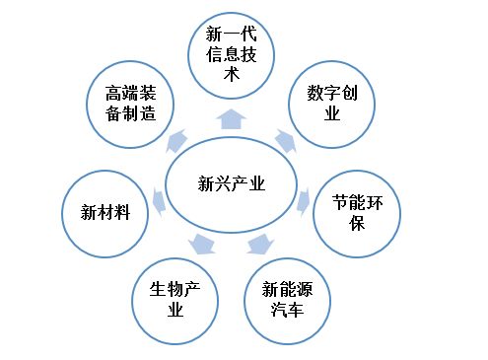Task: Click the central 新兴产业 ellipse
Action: (232, 183)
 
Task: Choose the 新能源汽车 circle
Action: (290, 299)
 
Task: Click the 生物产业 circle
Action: (174, 299)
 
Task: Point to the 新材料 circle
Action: (104, 211)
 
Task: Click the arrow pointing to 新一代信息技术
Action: (232, 119)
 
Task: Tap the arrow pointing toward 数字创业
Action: (284, 141)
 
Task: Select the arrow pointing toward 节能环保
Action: (304, 202)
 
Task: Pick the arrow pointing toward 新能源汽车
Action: (260, 244)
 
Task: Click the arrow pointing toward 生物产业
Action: (202, 244)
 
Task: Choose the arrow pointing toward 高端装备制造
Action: (177, 141)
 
